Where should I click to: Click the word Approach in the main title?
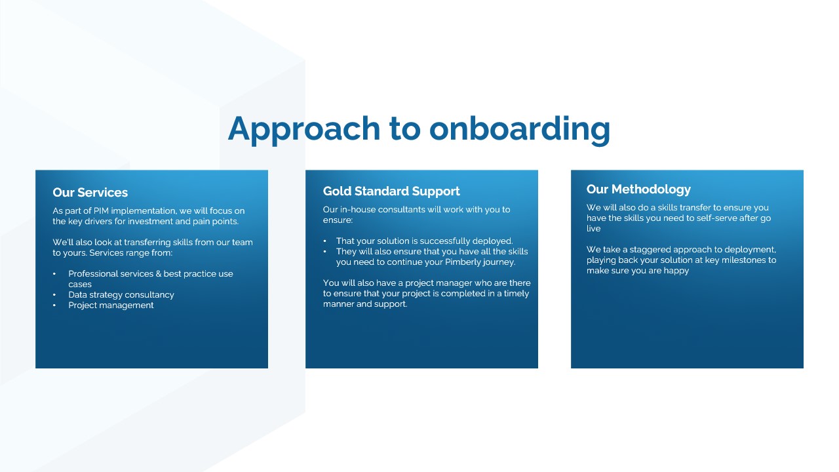pos(304,129)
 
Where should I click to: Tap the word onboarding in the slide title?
pos(520,129)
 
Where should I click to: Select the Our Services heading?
pos(90,193)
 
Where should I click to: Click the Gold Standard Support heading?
pos(391,191)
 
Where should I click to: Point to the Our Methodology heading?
pos(638,189)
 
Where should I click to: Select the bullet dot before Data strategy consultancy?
pos(54,295)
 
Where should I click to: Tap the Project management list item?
pos(111,305)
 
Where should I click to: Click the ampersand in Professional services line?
pos(159,274)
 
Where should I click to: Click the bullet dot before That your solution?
pos(324,241)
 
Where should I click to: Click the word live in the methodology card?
pos(593,229)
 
